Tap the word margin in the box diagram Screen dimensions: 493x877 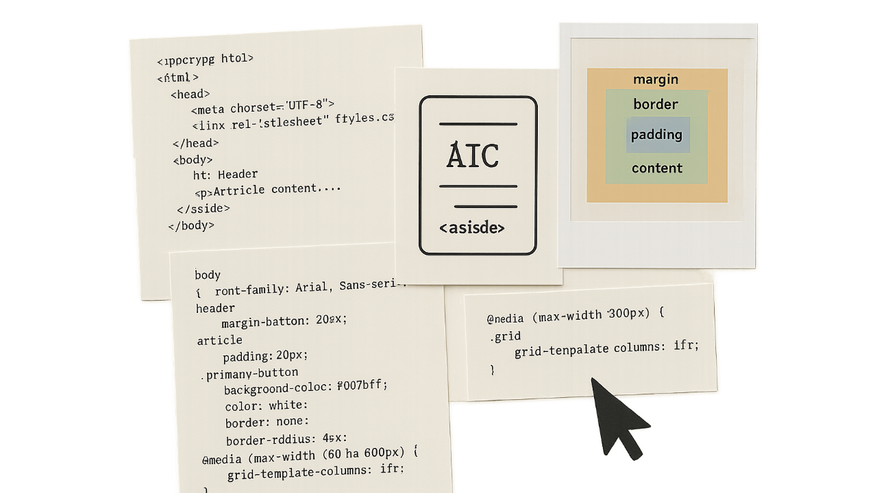[x=656, y=79]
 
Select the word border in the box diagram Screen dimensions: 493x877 [x=656, y=105]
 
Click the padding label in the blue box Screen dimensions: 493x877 [x=656, y=134]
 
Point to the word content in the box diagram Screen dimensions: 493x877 [x=657, y=168]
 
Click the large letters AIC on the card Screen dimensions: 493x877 [x=473, y=156]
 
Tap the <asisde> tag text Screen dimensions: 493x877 [x=472, y=228]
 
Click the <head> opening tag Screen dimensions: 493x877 [x=190, y=94]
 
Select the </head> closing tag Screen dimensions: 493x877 [x=196, y=143]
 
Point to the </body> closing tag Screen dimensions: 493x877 [x=191, y=225]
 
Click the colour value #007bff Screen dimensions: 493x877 [x=362, y=385]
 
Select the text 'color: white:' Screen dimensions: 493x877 [x=267, y=405]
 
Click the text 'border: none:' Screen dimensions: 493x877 [x=267, y=422]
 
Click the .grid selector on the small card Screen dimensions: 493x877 [x=506, y=336]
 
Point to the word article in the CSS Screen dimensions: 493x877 [x=219, y=340]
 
